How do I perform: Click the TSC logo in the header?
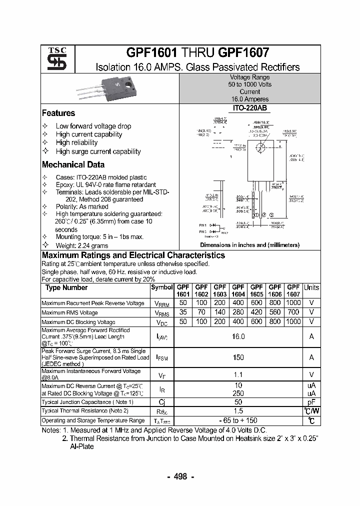(53, 59)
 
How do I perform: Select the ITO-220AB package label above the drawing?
(249, 107)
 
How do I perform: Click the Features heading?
(58, 113)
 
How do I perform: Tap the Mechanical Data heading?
(73, 164)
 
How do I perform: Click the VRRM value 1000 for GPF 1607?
(293, 303)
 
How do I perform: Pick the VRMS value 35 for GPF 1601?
(183, 312)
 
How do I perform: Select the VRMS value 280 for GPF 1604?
(238, 312)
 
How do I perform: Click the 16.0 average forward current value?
(238, 337)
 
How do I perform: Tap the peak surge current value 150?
(238, 357)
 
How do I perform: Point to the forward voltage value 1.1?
(238, 374)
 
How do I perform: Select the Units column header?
(311, 287)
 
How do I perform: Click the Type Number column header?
(66, 287)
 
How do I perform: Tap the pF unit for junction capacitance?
(311, 402)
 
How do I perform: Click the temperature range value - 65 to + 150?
(238, 420)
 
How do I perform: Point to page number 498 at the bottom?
(180, 476)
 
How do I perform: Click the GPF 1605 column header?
(256, 290)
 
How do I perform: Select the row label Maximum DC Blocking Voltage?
(78, 322)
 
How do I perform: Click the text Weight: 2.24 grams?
(82, 245)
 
